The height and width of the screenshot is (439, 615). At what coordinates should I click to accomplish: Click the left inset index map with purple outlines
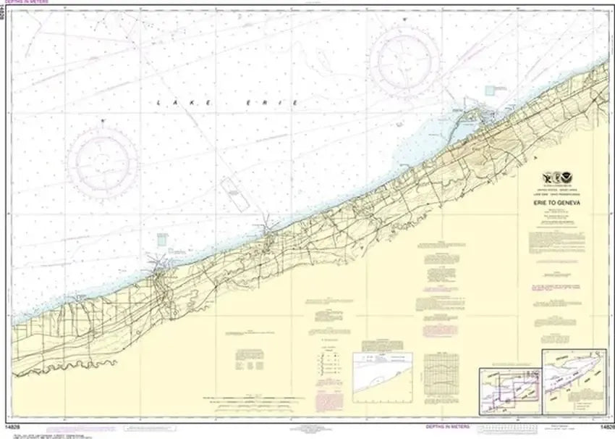[x=509, y=383]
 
